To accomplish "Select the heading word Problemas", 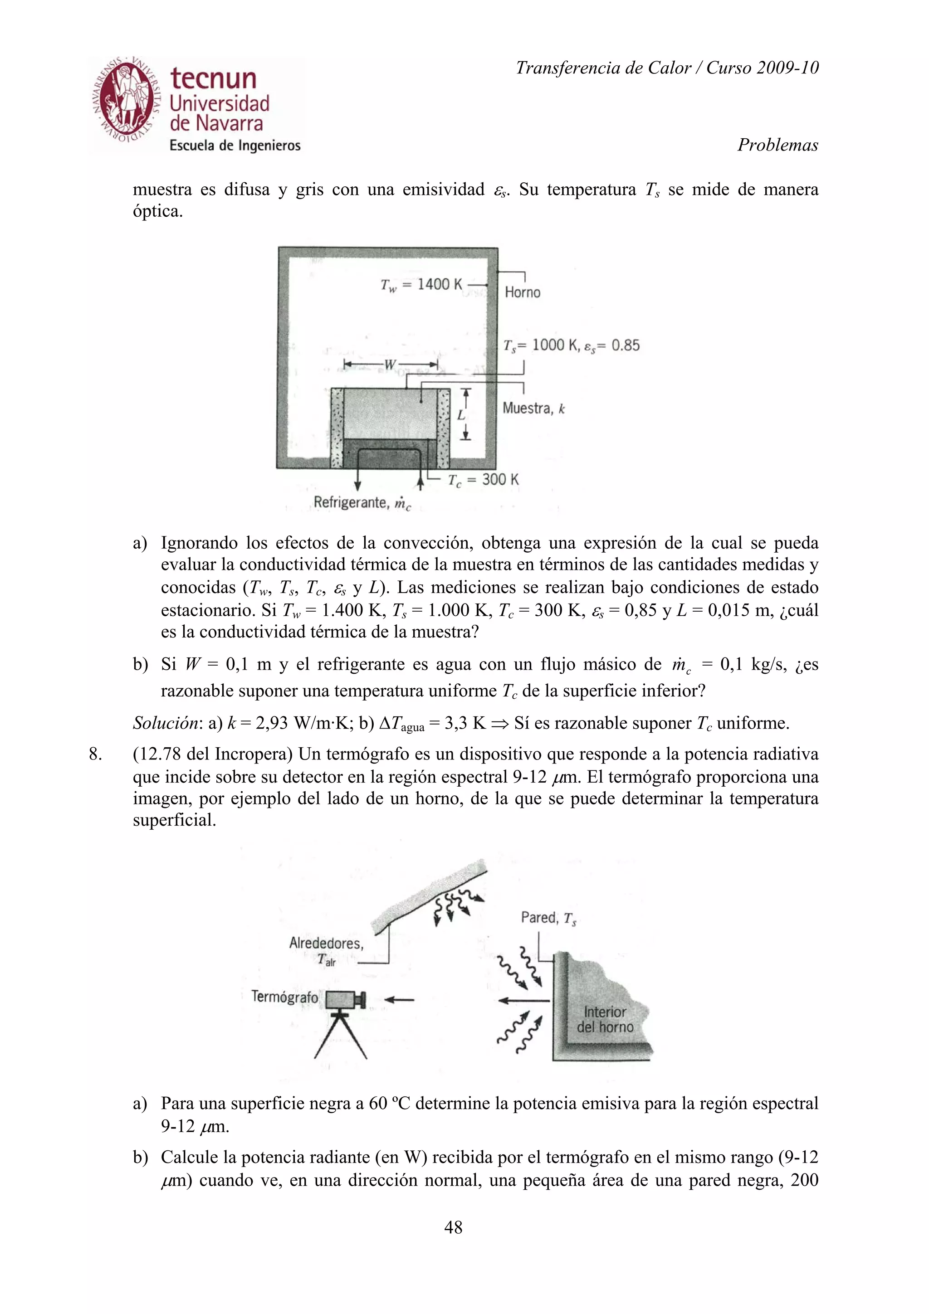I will pyautogui.click(x=777, y=145).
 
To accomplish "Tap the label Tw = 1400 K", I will pyautogui.click(x=421, y=284).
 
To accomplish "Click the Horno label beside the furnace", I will pyautogui.click(x=522, y=292).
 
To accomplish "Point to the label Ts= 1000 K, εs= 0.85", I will pyautogui.click(x=571, y=345).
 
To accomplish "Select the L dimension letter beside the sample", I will pyautogui.click(x=461, y=415).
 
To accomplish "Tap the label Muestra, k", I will pyautogui.click(x=533, y=408).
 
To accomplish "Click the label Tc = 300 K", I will pyautogui.click(x=483, y=480).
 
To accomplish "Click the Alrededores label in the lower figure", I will pyautogui.click(x=326, y=943).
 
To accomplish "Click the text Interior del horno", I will pyautogui.click(x=605, y=1019).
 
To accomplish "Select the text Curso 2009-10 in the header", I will pyautogui.click(x=762, y=68).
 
